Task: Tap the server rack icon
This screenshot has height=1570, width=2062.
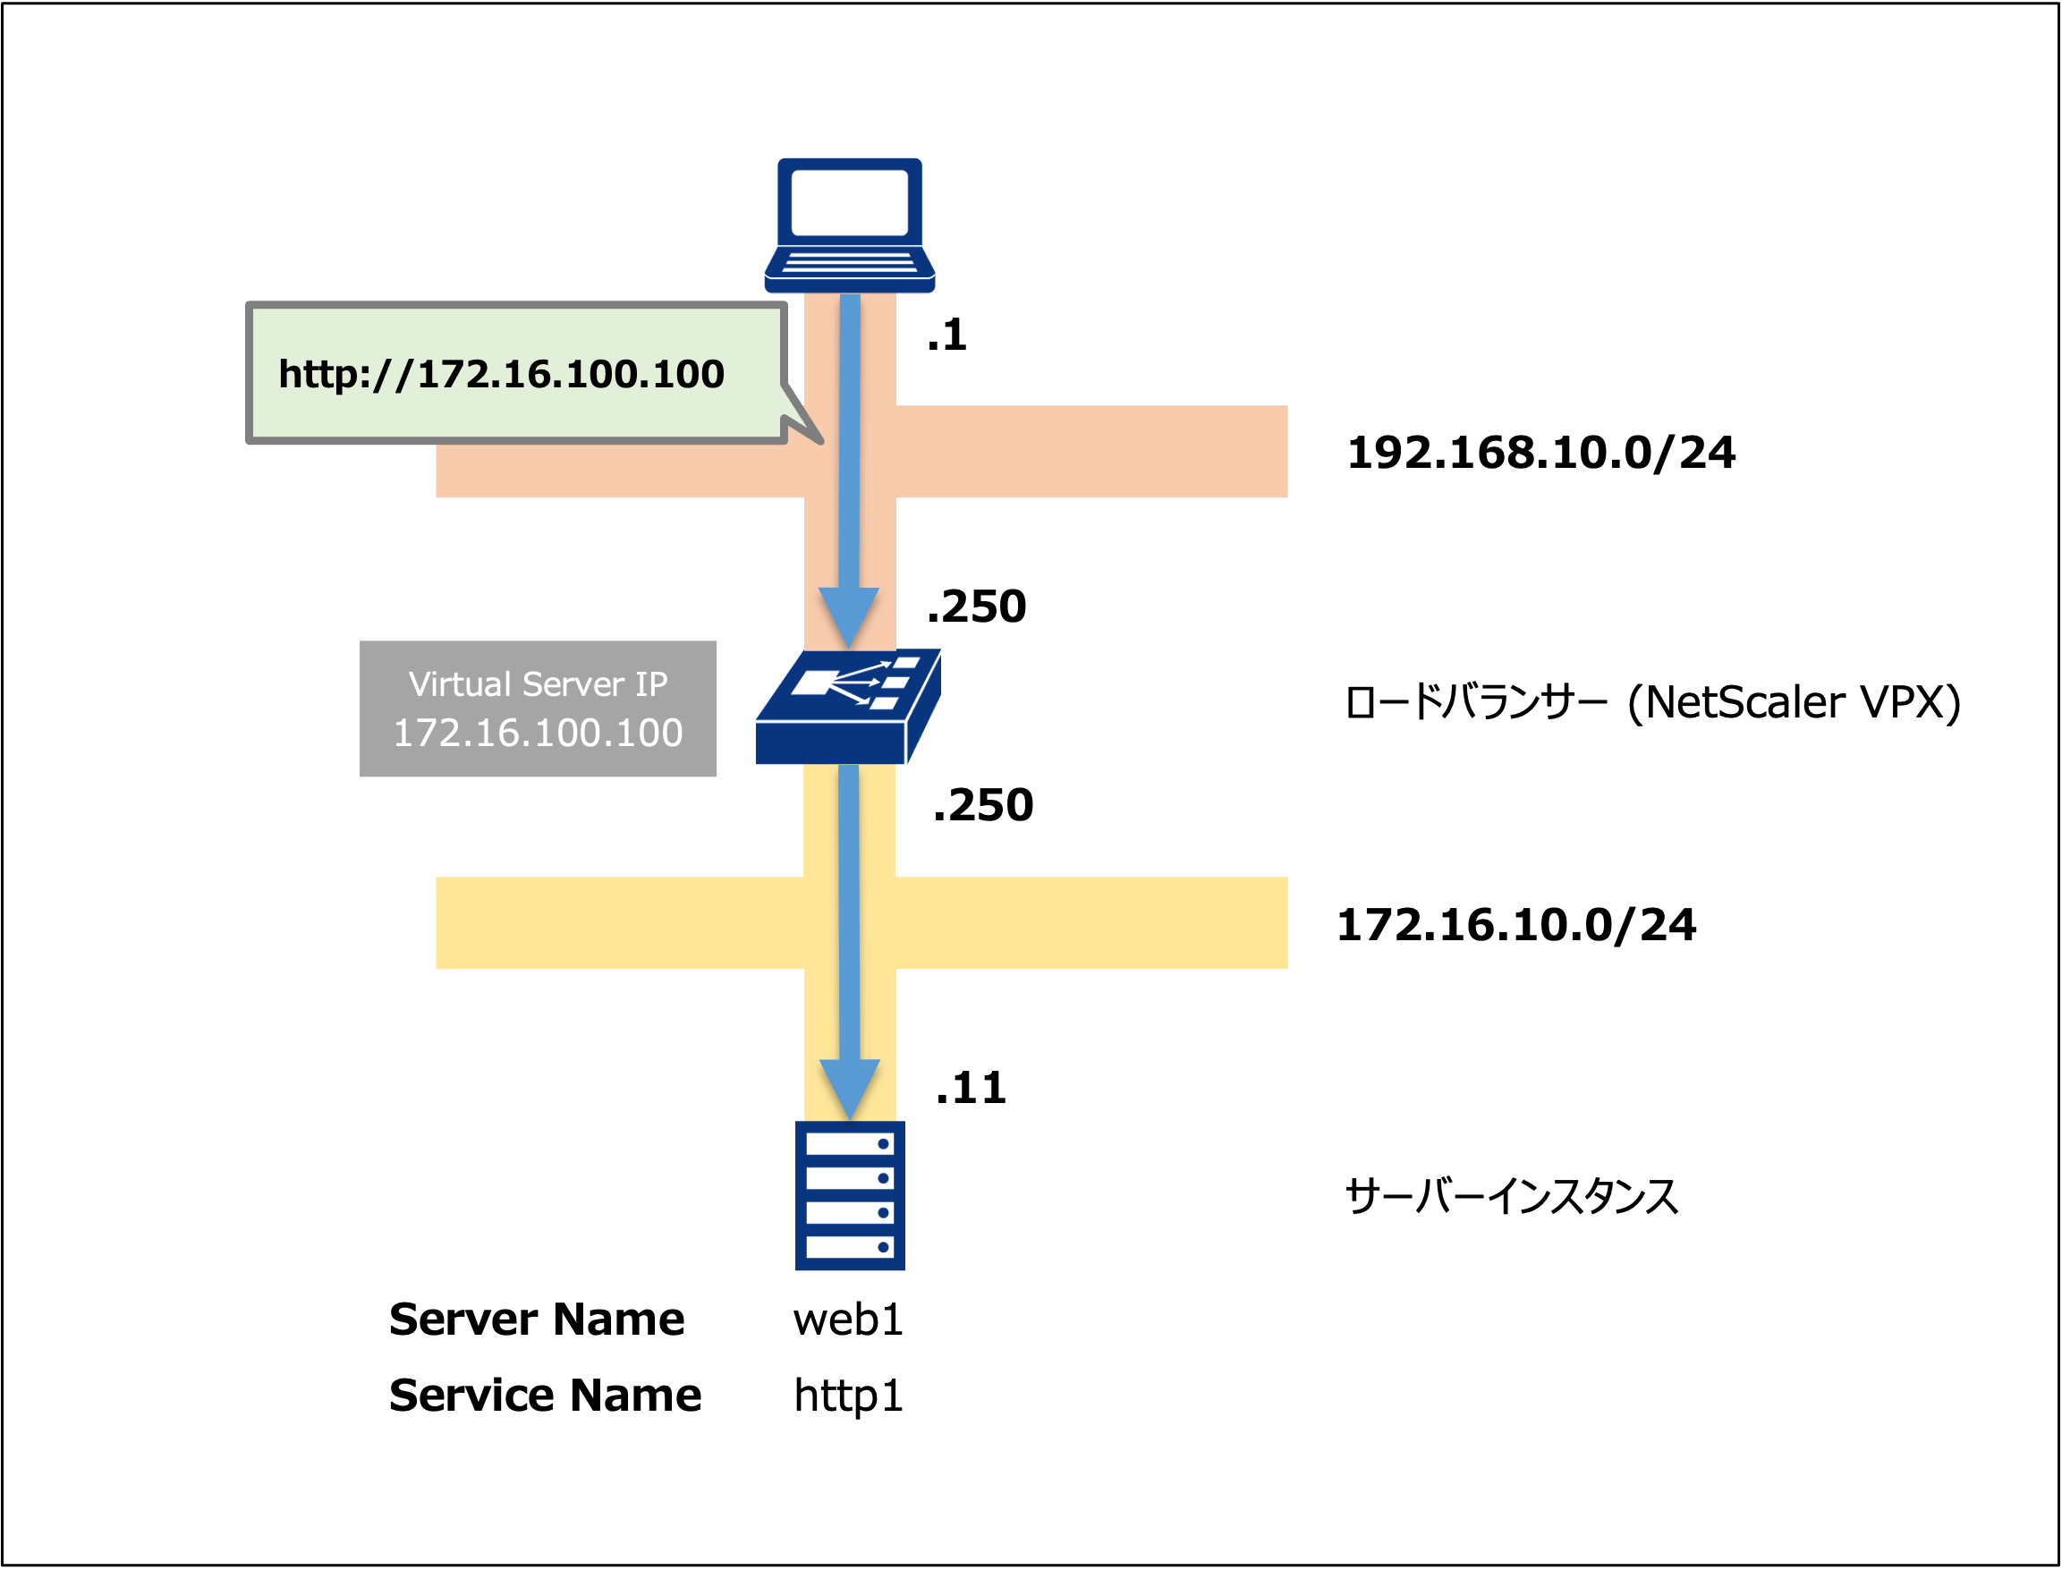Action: pos(849,1195)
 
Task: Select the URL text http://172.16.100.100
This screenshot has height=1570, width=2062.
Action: pos(501,375)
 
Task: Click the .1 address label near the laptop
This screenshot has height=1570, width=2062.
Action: pos(946,335)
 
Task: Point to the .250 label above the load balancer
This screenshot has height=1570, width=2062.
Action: pos(976,607)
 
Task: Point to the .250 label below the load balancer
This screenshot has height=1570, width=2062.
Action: pos(983,805)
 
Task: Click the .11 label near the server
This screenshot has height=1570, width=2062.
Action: pos(971,1088)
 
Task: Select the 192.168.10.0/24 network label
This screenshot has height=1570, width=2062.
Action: pos(1540,454)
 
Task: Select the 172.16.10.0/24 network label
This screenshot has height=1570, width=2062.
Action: pos(1515,925)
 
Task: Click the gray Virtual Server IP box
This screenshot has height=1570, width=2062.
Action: pos(538,709)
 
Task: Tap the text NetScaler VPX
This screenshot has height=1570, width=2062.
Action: pos(1802,702)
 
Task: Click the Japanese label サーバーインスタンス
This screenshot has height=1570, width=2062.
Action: pos(1511,1196)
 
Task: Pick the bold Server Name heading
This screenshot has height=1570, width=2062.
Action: pos(536,1320)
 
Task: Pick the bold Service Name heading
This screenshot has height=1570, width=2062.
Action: pos(545,1396)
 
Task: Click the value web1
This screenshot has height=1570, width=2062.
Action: pos(847,1320)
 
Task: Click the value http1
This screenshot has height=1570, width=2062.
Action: pos(847,1396)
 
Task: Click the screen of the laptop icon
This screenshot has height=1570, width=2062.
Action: pos(849,202)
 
